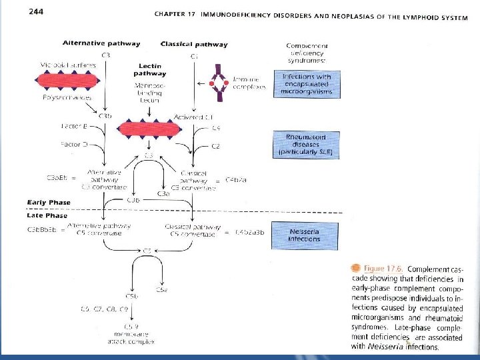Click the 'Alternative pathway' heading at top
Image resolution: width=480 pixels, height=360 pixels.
point(101,44)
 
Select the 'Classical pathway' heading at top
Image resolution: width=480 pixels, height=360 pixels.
point(194,45)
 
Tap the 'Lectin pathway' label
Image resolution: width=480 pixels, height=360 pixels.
point(153,70)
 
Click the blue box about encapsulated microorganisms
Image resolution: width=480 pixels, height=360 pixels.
point(307,84)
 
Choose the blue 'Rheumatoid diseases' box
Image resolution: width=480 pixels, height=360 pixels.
point(307,145)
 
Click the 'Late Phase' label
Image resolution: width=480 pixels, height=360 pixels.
point(47,215)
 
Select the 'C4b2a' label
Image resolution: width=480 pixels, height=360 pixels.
point(236,180)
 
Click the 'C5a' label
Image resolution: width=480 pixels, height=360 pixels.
point(161,290)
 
